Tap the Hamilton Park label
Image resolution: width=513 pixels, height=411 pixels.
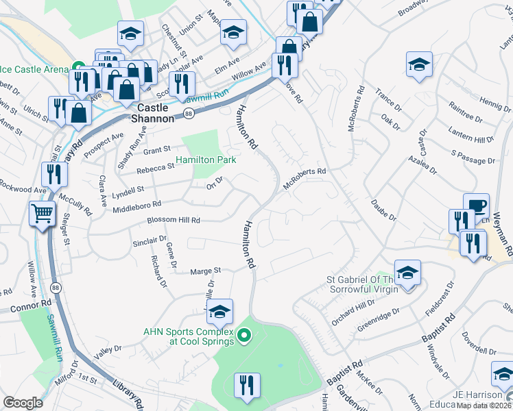206,160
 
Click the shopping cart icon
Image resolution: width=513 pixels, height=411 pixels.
42,214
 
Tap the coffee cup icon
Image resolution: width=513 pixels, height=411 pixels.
476,206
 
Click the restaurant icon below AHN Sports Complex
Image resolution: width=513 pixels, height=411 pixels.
247,385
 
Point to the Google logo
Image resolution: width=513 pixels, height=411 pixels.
23,403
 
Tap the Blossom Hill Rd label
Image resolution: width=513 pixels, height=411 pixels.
174,221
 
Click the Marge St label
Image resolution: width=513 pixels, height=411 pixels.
206,271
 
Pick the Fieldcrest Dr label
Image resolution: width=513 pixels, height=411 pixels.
440,297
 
